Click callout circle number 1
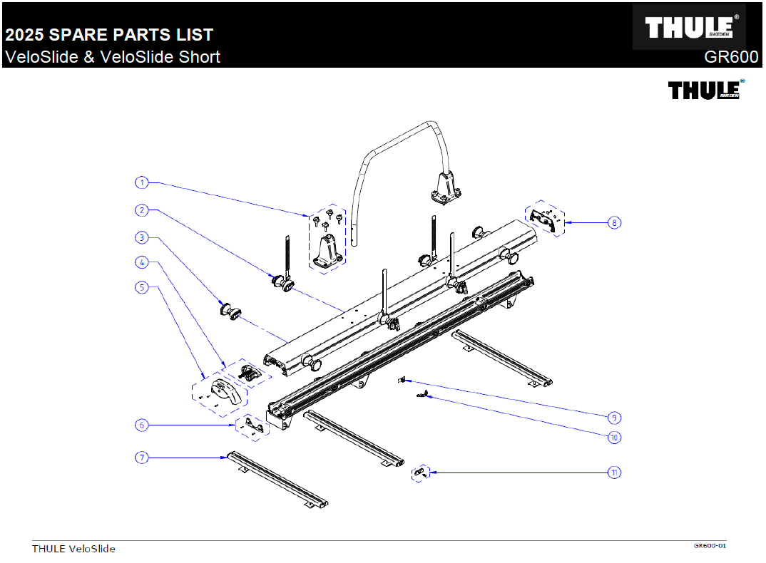point(142,182)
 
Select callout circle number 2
point(142,210)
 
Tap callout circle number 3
point(142,237)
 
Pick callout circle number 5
point(142,288)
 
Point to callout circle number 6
point(142,425)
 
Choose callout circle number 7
point(142,458)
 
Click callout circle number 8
point(614,222)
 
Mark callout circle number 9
point(614,417)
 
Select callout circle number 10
point(614,438)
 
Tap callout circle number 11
point(614,472)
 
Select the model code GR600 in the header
point(731,57)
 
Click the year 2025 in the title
point(25,35)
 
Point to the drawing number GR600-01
point(710,546)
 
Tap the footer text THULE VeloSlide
point(73,549)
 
